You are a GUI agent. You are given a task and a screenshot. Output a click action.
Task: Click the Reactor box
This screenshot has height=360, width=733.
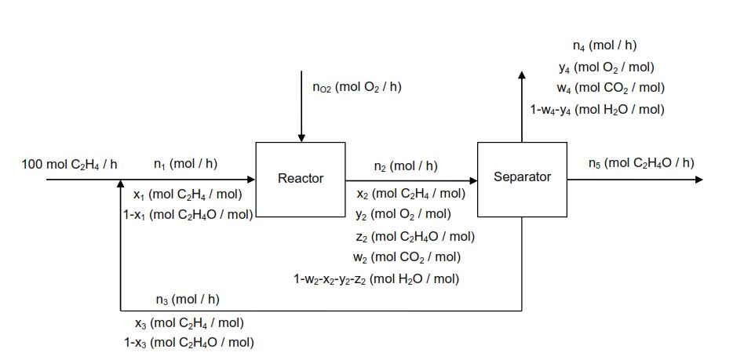pos(301,179)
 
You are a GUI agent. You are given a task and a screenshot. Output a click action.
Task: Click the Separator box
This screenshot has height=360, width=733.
pos(522,178)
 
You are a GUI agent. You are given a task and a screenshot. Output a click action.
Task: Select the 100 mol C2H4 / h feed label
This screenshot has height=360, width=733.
pos(70,164)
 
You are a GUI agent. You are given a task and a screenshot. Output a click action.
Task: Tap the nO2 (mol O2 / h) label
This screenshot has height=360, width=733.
pos(356,87)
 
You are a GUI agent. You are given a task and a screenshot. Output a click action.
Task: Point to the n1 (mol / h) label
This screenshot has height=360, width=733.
pos(186,164)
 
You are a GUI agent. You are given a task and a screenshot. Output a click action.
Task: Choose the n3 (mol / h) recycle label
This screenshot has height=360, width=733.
pos(188,299)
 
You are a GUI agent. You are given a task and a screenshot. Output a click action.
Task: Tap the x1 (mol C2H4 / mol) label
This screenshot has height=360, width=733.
pos(188,194)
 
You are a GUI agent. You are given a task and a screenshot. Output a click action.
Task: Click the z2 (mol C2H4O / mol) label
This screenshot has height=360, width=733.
pos(414,236)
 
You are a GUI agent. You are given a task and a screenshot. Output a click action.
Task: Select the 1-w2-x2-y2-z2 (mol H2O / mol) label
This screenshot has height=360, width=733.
pos(376,278)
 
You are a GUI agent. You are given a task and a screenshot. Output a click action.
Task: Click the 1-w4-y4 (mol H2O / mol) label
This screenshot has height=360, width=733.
pos(596,109)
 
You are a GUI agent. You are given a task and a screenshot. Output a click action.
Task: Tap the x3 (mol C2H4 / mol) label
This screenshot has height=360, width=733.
pos(188,322)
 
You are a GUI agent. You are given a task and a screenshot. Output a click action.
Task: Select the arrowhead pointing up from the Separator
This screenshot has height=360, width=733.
pos(522,75)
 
